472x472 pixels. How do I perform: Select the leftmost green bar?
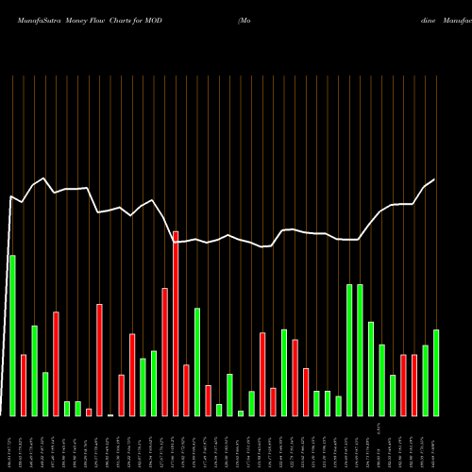point(12,335)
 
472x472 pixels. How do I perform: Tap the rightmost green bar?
point(436,372)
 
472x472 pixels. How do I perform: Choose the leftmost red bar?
point(24,384)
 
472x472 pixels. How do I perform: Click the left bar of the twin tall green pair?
point(349,349)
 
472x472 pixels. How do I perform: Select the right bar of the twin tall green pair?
point(361,349)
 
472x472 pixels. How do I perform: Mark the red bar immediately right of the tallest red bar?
point(186,390)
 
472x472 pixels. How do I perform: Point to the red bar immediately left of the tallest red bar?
point(164,351)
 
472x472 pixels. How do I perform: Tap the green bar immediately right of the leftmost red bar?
point(34,370)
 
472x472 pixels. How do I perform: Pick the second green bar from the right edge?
point(426,380)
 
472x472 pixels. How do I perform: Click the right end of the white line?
point(435,179)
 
